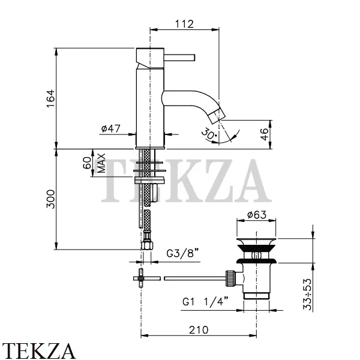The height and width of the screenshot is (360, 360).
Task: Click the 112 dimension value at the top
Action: pos(184,24)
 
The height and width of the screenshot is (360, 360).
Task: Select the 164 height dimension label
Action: pos(51,98)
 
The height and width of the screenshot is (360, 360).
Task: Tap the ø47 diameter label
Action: pos(111,128)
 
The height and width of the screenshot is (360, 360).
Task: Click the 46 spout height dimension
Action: pos(264,134)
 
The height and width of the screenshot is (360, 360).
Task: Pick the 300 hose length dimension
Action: pos(51,199)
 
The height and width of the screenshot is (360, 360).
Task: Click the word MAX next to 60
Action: pos(101,163)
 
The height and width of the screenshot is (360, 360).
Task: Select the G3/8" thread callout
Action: pos(182,253)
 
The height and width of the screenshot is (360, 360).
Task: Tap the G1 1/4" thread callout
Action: pos(205,301)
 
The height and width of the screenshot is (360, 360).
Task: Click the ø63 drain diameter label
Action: pos(257,215)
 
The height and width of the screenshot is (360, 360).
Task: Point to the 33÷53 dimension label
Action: pos(308,294)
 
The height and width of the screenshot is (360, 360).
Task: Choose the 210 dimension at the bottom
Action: pos(199,330)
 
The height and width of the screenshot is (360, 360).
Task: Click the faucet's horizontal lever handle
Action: pos(179,58)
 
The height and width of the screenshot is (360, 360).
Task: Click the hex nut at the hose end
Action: pos(147,245)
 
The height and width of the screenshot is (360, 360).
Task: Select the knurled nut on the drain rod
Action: pos(230,278)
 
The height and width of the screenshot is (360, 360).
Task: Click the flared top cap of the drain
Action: pos(256,242)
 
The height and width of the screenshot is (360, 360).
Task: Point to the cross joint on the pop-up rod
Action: pos(140,278)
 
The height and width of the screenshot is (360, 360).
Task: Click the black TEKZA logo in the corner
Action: pos(38,350)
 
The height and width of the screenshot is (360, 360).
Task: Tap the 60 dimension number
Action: pos(87,163)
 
